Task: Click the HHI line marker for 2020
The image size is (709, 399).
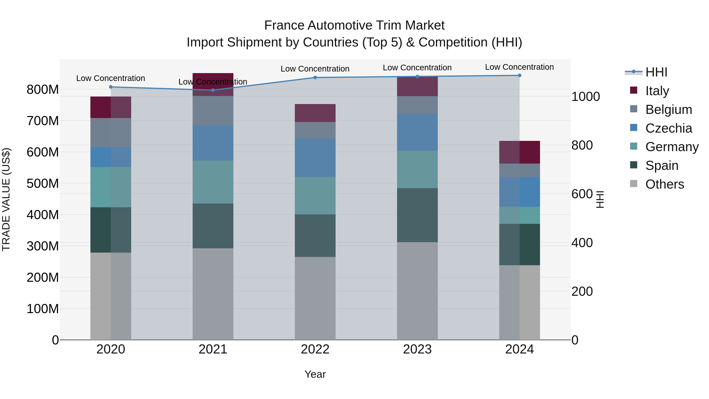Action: coord(111,87)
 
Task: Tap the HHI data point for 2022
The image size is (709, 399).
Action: coord(315,78)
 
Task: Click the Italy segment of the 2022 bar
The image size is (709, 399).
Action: coord(315,113)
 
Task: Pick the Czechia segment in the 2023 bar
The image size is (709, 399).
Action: coord(417,132)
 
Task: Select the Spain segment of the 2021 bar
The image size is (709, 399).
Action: coord(213,226)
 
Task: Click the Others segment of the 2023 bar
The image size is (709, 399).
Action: coord(417,291)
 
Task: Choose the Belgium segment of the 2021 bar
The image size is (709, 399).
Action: coord(213,111)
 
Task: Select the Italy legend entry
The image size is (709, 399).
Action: coord(657,91)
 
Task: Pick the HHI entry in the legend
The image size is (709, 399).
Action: coord(656,72)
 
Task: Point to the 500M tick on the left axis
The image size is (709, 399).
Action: coord(43,183)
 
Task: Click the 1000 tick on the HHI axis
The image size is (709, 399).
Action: coord(586,97)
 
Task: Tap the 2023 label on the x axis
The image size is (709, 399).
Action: coord(417,349)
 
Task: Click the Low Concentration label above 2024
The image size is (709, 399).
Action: coord(519,67)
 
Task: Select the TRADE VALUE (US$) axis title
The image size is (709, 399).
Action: coord(6,199)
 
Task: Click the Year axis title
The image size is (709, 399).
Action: coord(315,374)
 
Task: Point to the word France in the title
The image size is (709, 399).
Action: coord(284,25)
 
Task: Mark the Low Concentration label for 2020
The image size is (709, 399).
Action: coord(111,78)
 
